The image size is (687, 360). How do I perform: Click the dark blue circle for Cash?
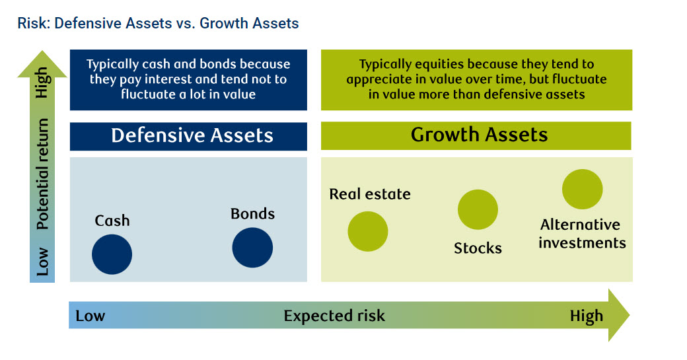(112, 254)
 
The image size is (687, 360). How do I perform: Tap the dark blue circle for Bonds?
(252, 248)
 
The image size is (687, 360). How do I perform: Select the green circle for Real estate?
(367, 231)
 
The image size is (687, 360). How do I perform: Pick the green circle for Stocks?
(478, 209)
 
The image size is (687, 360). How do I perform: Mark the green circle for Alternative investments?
(582, 189)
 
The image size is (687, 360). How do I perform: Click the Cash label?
(112, 220)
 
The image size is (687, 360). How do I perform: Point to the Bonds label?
(253, 214)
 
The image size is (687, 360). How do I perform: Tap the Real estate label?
(370, 194)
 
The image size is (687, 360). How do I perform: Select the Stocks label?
(478, 248)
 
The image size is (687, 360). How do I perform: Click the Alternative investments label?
(582, 233)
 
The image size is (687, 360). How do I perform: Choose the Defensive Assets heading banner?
(188, 136)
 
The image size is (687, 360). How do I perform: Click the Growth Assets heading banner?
(476, 136)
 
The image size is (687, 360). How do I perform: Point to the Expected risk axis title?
(334, 316)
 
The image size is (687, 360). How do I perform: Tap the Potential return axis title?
(42, 174)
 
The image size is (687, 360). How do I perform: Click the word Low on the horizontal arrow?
(90, 316)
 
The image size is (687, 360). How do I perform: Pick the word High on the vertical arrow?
(43, 83)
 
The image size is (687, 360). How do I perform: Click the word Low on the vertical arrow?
(42, 262)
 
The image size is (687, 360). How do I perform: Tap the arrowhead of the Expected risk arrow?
(618, 315)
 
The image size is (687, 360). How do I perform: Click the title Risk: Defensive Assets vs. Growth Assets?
(158, 23)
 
